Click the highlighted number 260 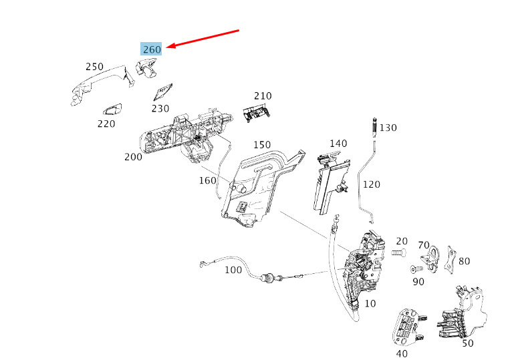point(152,49)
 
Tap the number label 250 point(95,67)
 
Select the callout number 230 point(160,108)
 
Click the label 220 point(106,124)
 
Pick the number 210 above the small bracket point(262,96)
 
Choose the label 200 point(133,157)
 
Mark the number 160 point(208,180)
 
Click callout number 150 point(262,145)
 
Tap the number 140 point(338,144)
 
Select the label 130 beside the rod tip point(388,128)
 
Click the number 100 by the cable point(233,271)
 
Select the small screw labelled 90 point(413,269)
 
